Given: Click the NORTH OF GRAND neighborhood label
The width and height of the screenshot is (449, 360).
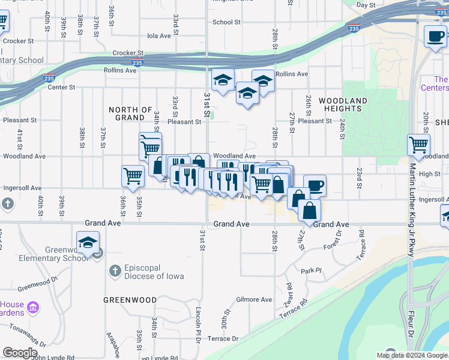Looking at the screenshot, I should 130,113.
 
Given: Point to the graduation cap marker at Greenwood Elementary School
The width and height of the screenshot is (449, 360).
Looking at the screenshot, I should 88,244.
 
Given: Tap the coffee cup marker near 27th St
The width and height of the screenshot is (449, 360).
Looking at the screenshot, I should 315,185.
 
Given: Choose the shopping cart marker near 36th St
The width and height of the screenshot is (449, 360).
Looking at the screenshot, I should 133,176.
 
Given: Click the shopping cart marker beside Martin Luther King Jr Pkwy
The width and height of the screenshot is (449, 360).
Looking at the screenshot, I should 418,145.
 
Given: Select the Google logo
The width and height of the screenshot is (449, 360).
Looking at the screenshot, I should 20,353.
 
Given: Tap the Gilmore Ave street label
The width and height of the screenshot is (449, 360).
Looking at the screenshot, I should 255,299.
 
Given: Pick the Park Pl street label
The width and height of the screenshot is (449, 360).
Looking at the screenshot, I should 308,271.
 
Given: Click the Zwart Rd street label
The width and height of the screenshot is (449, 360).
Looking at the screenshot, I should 289,293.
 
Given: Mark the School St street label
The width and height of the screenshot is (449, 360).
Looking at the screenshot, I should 226,22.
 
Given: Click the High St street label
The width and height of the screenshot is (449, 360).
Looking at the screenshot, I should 430,174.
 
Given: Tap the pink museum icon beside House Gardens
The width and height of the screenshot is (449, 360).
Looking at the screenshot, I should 33,308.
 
